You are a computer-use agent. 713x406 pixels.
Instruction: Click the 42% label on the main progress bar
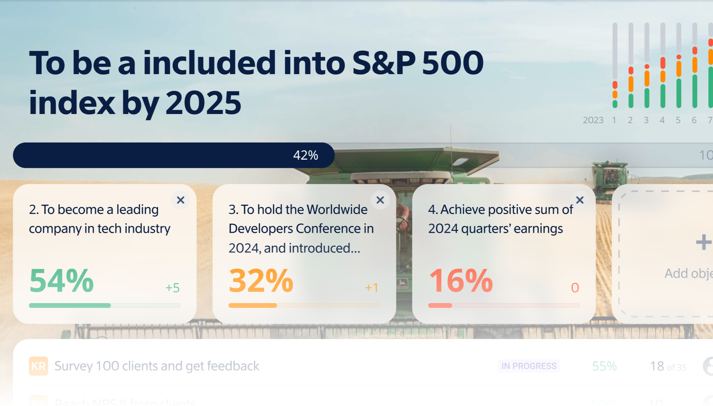pos(305,155)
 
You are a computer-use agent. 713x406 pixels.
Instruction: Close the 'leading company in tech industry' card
pos(180,200)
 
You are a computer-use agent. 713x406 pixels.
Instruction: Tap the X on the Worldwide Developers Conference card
pos(380,200)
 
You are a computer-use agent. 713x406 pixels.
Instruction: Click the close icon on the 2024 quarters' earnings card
pos(580,200)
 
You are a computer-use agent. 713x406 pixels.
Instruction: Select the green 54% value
pos(61,281)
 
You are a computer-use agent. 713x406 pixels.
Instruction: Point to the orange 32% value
pos(261,281)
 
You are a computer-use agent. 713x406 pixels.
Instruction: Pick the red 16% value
pos(461,281)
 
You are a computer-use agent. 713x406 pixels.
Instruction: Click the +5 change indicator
pos(172,288)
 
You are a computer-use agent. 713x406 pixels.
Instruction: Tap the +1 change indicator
pos(372,288)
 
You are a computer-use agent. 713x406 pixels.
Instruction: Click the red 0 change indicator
pos(575,288)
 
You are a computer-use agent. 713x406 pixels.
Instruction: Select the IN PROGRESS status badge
pos(529,366)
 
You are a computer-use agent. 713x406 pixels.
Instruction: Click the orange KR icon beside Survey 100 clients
pos(38,366)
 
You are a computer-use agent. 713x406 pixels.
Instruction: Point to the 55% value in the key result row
pos(604,366)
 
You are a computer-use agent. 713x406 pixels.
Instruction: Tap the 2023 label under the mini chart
pos(593,120)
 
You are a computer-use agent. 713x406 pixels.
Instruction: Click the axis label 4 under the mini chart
pos(662,120)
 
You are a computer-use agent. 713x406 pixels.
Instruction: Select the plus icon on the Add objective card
pos(703,242)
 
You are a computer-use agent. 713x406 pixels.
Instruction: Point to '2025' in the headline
pos(203,103)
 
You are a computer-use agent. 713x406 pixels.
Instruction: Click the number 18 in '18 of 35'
pos(657,366)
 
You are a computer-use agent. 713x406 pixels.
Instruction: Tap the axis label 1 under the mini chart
pos(614,120)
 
